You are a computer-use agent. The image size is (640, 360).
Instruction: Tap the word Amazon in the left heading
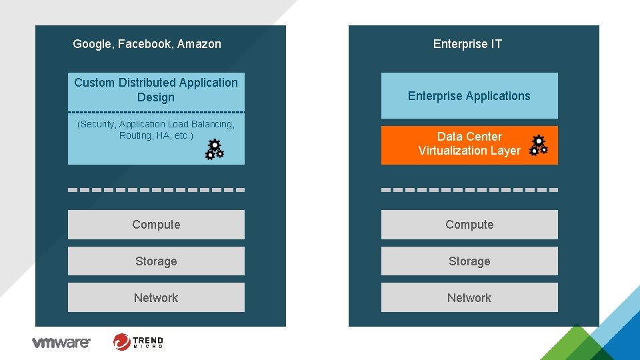point(199,45)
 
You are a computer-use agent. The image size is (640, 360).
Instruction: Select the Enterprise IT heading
point(467,44)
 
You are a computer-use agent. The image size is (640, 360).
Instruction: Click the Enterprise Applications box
point(469,95)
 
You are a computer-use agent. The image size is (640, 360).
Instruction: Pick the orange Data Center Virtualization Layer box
point(460,145)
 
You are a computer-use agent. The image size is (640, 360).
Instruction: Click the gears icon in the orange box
point(539,145)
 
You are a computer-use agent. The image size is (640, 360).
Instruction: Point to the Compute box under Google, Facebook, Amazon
point(156,225)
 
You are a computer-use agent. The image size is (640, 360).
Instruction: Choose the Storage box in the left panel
point(156,261)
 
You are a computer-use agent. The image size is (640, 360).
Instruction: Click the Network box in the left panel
point(156,298)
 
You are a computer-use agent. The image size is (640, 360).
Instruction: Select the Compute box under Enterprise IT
point(469,225)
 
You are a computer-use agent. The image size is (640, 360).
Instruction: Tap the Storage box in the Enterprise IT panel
point(469,261)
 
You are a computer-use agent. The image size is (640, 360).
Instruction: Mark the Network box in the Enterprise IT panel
point(469,298)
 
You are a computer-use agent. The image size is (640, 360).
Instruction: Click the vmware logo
point(61,343)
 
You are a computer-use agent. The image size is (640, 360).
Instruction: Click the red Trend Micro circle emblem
point(122,342)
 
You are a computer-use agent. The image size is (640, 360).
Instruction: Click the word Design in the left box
point(156,97)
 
